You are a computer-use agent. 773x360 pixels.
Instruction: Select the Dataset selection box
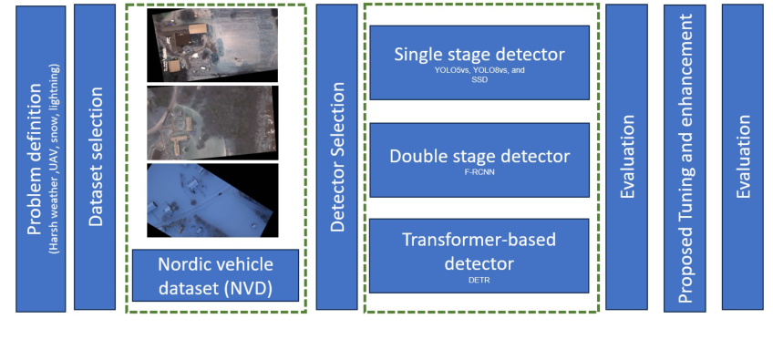point(95,157)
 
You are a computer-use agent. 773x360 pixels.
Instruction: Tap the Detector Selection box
point(336,157)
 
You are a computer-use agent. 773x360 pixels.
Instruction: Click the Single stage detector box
point(479,63)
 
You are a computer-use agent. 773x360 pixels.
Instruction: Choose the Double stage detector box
point(479,160)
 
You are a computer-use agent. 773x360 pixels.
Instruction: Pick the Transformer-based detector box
point(479,254)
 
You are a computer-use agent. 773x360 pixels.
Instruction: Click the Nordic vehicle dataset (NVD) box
point(215,275)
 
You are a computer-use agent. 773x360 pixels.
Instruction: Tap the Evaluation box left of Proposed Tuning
point(627,157)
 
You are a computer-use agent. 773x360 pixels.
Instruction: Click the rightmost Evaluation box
point(742,157)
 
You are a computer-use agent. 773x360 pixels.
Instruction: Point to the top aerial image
point(212,45)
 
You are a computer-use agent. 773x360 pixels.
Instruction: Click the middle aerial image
point(212,122)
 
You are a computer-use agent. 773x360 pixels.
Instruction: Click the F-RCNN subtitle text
point(479,171)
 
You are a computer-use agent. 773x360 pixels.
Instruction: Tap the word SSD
point(479,79)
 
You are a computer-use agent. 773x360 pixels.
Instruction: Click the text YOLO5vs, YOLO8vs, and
point(479,69)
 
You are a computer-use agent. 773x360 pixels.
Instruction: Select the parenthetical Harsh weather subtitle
point(56,157)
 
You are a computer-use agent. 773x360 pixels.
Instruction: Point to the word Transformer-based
point(479,240)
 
